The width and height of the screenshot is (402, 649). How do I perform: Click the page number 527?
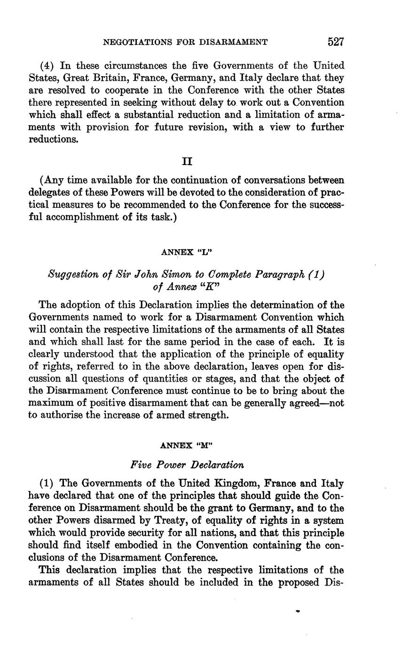[336, 42]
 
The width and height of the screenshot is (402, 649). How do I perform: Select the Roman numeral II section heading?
[187, 161]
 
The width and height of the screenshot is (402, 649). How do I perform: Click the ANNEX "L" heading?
[187, 252]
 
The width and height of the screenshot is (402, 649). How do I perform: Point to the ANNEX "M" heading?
[187, 444]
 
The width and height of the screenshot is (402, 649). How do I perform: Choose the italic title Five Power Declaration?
[187, 465]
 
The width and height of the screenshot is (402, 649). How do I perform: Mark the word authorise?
[64, 415]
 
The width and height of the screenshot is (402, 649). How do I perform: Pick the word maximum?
[49, 403]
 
